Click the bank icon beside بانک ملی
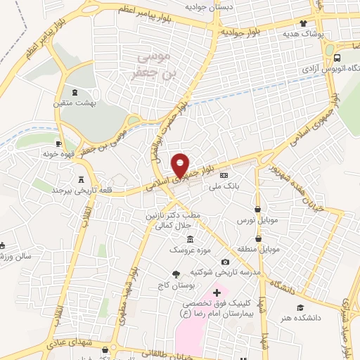(x=224, y=175)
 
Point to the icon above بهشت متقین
(x=76, y=92)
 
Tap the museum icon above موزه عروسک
(x=191, y=239)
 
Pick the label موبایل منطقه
(x=262, y=250)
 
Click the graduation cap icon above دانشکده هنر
(x=300, y=307)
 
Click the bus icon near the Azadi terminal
(x=338, y=58)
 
